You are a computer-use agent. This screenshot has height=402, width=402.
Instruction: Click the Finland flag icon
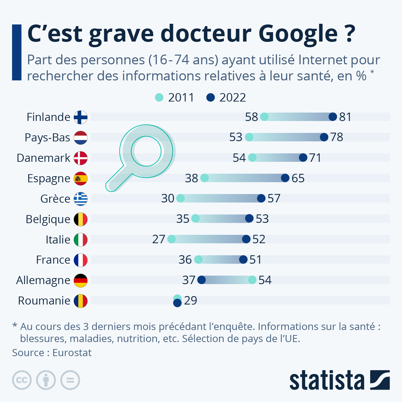[80, 117]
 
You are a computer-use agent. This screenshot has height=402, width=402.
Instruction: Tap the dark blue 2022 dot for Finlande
[333, 117]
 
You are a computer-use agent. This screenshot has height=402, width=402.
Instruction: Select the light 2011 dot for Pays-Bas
[249, 137]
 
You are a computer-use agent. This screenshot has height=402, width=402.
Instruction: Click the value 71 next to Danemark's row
[315, 158]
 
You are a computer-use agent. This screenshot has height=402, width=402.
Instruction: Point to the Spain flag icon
[80, 179]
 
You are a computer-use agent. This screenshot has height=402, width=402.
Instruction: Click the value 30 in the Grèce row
[168, 198]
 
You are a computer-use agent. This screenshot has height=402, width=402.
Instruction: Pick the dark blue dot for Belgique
[249, 218]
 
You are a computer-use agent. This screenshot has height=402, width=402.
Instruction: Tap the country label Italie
[58, 240]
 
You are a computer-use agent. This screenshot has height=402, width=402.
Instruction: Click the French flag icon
[80, 260]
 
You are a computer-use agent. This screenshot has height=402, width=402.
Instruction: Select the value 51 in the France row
[255, 260]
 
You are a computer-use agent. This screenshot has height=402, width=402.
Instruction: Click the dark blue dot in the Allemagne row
[201, 280]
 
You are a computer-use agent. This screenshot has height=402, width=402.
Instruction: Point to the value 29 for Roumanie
[191, 300]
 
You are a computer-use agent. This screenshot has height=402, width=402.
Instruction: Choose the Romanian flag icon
[80, 301]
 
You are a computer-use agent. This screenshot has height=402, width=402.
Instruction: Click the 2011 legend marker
[159, 97]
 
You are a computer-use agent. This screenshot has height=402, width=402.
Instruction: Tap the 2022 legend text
[232, 97]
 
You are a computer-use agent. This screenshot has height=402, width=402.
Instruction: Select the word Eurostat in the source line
[72, 353]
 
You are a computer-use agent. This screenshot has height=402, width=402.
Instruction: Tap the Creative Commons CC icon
[22, 380]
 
